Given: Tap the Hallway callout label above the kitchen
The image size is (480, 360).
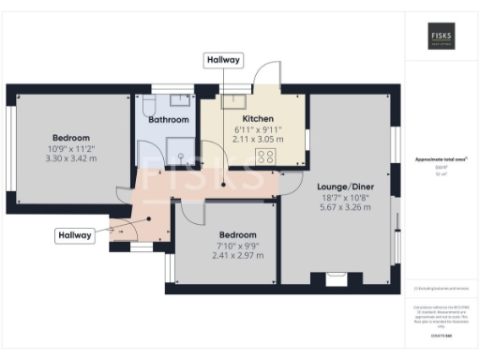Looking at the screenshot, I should [x=223, y=60].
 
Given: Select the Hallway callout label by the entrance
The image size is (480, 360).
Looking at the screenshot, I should [x=73, y=235].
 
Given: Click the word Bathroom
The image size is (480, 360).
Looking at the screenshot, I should [x=169, y=120].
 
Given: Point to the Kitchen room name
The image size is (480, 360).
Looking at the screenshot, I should [x=258, y=119].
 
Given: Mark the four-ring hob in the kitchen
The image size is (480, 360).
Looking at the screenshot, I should [x=266, y=157].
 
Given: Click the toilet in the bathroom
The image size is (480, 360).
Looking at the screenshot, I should [x=150, y=100].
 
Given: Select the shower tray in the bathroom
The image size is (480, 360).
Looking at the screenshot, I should [x=177, y=148].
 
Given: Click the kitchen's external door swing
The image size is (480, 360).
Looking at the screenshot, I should [x=267, y=77].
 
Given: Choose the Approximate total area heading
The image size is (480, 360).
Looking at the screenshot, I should [x=441, y=160].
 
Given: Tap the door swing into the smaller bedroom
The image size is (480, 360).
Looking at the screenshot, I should [x=187, y=213].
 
